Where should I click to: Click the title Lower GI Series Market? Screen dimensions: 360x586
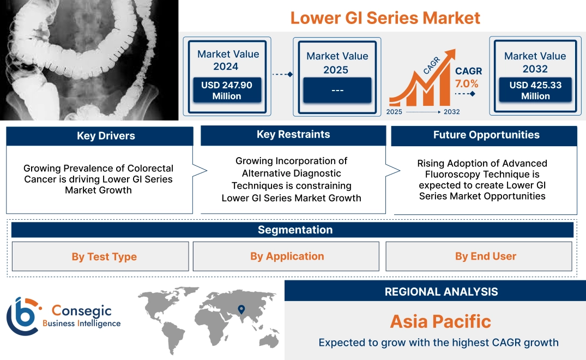point(385,17)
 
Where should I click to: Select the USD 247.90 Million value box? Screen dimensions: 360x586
point(226,90)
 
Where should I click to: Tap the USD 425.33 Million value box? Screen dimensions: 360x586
point(535,90)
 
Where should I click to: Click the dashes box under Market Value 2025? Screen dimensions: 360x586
point(337,90)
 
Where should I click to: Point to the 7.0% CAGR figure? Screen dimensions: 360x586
point(467,84)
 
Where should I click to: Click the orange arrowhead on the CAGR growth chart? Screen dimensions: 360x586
point(449,55)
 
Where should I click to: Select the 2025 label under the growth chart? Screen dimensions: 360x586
point(395,112)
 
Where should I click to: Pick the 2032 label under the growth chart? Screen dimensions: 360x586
point(451,112)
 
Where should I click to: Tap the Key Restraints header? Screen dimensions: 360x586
point(293,135)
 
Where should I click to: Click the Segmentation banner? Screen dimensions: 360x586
point(295,230)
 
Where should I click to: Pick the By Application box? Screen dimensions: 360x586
point(287,256)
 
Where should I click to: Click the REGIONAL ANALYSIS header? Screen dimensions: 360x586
point(441,292)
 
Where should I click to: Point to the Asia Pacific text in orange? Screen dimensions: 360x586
point(440,321)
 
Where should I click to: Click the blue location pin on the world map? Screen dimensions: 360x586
point(240,310)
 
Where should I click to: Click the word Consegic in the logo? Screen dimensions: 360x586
point(81,311)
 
